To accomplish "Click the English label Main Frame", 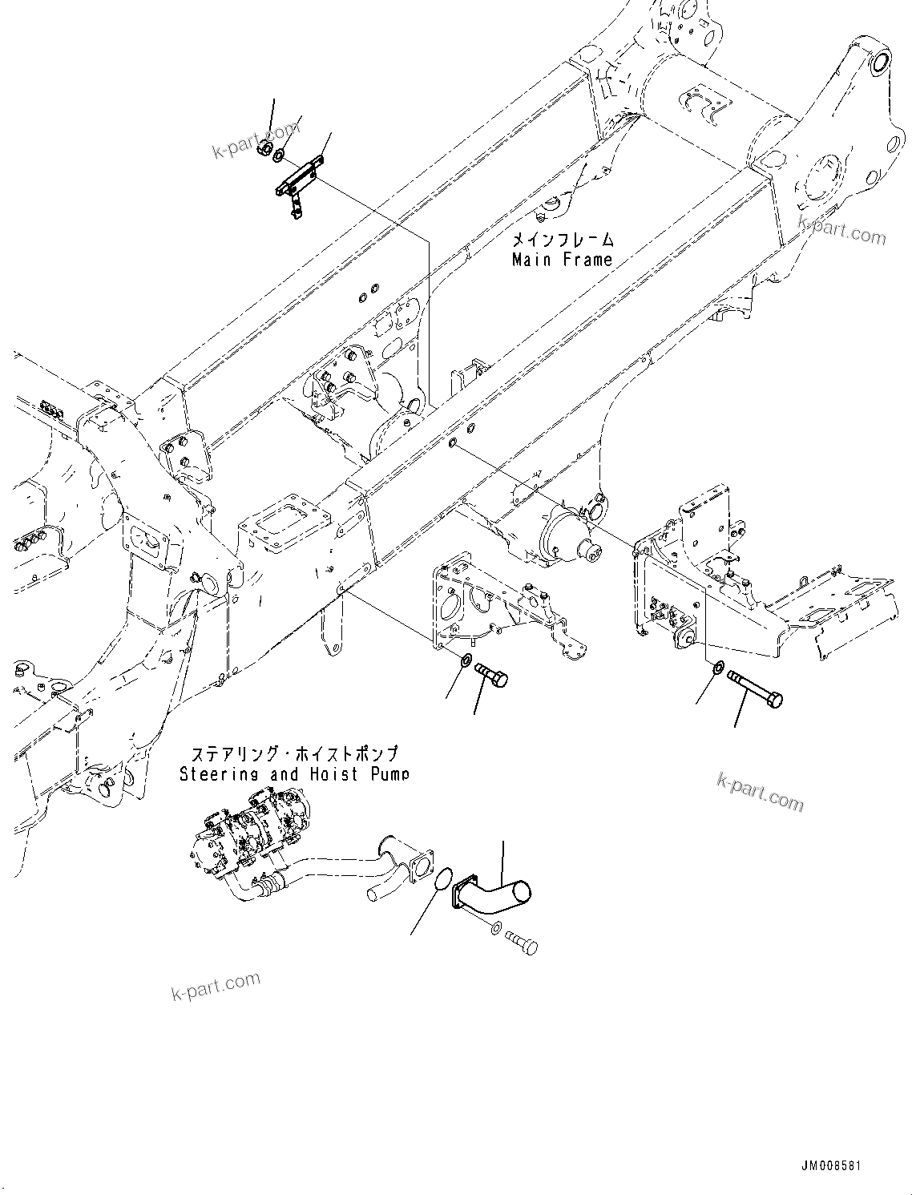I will pyautogui.click(x=562, y=260).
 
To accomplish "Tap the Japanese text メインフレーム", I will pyautogui.click(x=563, y=240).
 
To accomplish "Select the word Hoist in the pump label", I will pyautogui.click(x=333, y=774).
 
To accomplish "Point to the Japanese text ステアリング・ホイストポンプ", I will pyautogui.click(x=293, y=755).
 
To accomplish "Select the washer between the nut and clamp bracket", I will pyautogui.click(x=279, y=154).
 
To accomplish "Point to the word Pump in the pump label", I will pyautogui.click(x=389, y=774).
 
